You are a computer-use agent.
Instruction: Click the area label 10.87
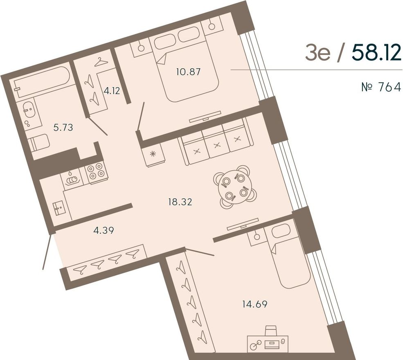coord(188,72)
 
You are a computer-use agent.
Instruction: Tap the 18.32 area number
coord(180,202)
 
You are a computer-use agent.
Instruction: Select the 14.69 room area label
coord(255,304)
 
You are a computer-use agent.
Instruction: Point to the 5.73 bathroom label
coord(63,127)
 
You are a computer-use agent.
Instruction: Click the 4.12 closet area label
coord(112,91)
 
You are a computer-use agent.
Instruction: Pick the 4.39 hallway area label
coord(104,230)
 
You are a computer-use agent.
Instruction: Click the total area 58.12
coord(376,52)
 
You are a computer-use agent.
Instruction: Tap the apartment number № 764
coord(381,87)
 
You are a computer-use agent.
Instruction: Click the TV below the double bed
coord(205,117)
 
